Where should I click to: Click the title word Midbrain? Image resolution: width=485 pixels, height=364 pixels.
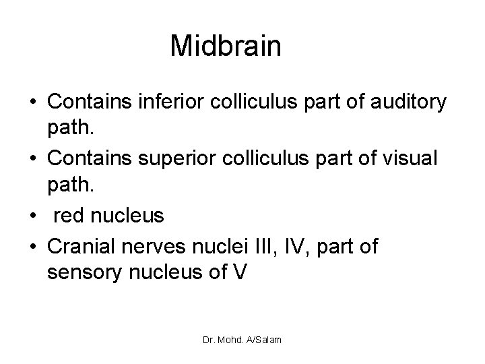[x=225, y=46]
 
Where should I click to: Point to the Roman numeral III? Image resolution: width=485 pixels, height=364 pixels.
[x=278, y=246]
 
